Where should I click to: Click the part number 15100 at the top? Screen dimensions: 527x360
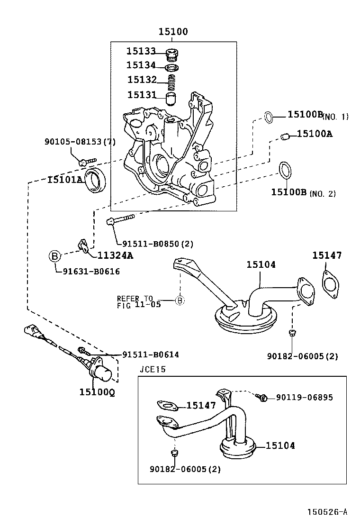coord(173,32)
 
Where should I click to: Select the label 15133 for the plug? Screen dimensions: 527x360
coord(141,51)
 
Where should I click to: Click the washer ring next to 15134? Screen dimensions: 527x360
coord(173,67)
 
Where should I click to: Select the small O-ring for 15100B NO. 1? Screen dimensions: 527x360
coord(269,117)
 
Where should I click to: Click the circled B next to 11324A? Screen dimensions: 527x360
coord(55,256)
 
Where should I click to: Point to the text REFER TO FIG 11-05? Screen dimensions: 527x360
coord(138,301)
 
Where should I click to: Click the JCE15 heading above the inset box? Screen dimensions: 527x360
coord(153,369)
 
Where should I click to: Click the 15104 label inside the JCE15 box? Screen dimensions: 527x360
coord(280,445)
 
